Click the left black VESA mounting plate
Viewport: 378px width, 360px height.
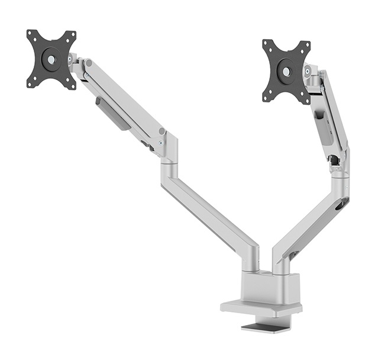pos(51,59)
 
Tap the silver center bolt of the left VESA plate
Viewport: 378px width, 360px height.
pos(51,59)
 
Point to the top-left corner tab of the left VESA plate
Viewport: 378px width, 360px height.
pos(31,35)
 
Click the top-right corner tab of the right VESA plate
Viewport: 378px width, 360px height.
pos(306,46)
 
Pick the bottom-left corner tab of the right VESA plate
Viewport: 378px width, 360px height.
pos(267,95)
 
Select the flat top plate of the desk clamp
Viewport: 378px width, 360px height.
pos(261,307)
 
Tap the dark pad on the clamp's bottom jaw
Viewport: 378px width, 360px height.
pos(266,327)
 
